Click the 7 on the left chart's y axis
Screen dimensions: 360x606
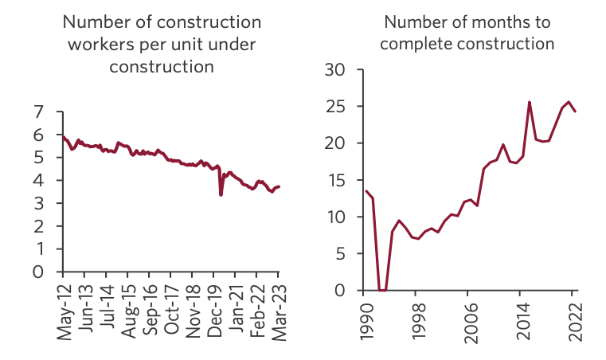tap(37, 113)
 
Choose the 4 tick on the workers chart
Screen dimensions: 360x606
tap(37, 181)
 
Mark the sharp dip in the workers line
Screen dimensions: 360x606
tap(221, 194)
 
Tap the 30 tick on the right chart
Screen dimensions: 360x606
tap(338, 70)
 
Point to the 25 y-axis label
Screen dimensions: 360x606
tap(338, 107)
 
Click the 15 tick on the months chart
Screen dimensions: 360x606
tap(338, 181)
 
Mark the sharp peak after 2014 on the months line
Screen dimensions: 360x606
tap(530, 102)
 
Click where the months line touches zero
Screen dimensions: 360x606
tap(382, 290)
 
